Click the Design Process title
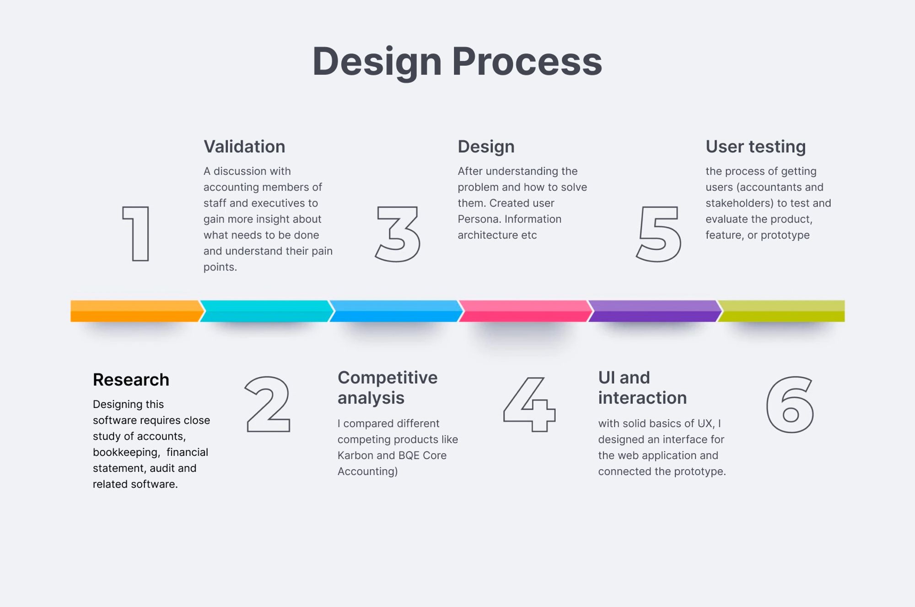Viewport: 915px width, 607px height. point(457,62)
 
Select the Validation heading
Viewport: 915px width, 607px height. point(244,146)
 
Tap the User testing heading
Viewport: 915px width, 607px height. point(755,146)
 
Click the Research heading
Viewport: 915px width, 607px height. point(131,379)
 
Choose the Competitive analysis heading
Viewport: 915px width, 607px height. point(387,387)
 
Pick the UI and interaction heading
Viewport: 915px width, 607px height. point(642,387)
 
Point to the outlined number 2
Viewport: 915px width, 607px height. point(268,404)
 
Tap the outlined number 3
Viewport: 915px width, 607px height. point(398,234)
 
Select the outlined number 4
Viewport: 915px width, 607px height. point(529,404)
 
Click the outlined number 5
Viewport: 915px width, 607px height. point(659,234)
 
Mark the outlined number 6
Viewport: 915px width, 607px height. point(790,404)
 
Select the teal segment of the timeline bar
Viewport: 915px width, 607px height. point(265,311)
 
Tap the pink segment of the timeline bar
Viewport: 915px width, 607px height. point(524,311)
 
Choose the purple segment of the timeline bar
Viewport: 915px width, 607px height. point(654,311)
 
